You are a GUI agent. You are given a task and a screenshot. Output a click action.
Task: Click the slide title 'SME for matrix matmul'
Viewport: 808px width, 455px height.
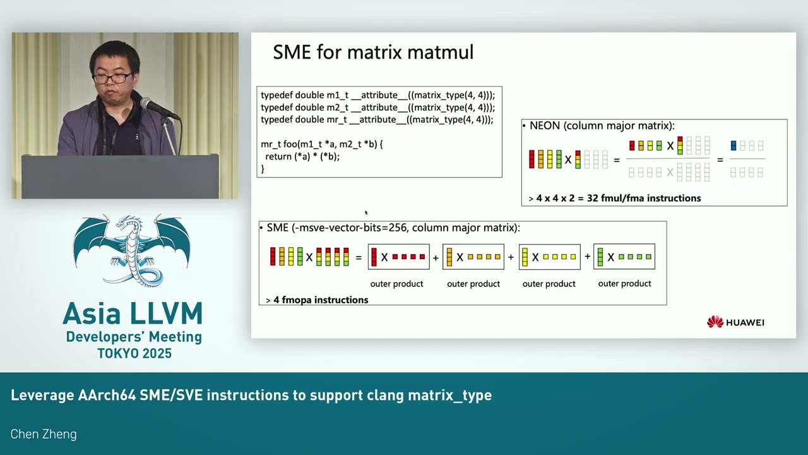373,52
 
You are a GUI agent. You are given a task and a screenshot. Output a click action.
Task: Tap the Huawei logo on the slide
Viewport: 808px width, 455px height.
735,322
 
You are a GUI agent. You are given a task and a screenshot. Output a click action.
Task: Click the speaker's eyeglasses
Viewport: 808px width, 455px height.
112,77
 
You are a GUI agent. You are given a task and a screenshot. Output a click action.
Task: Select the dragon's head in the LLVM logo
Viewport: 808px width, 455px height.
124,221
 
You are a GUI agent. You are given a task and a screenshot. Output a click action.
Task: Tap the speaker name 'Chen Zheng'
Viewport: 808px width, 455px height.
44,434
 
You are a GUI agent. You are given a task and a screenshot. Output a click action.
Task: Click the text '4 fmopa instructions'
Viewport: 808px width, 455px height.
321,300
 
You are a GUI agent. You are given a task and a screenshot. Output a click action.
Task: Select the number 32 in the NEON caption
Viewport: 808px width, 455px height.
593,198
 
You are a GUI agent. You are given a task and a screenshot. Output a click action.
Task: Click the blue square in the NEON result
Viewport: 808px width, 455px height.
734,145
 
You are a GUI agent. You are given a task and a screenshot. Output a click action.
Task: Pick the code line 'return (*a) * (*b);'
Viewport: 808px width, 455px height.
302,156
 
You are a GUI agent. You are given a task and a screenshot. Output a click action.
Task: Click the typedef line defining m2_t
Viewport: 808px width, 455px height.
377,107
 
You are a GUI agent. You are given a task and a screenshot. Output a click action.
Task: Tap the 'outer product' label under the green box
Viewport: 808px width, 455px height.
624,284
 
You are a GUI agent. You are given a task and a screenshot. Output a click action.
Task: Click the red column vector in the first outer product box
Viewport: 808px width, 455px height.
374,257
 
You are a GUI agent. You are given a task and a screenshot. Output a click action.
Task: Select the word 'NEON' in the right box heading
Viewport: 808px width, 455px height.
545,126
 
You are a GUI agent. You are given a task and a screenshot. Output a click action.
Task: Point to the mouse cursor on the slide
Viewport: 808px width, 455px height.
366,213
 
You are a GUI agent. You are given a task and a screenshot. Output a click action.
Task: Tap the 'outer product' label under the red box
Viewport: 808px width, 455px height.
396,284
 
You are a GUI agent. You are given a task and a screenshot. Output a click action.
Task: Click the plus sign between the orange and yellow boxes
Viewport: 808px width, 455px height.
511,257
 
